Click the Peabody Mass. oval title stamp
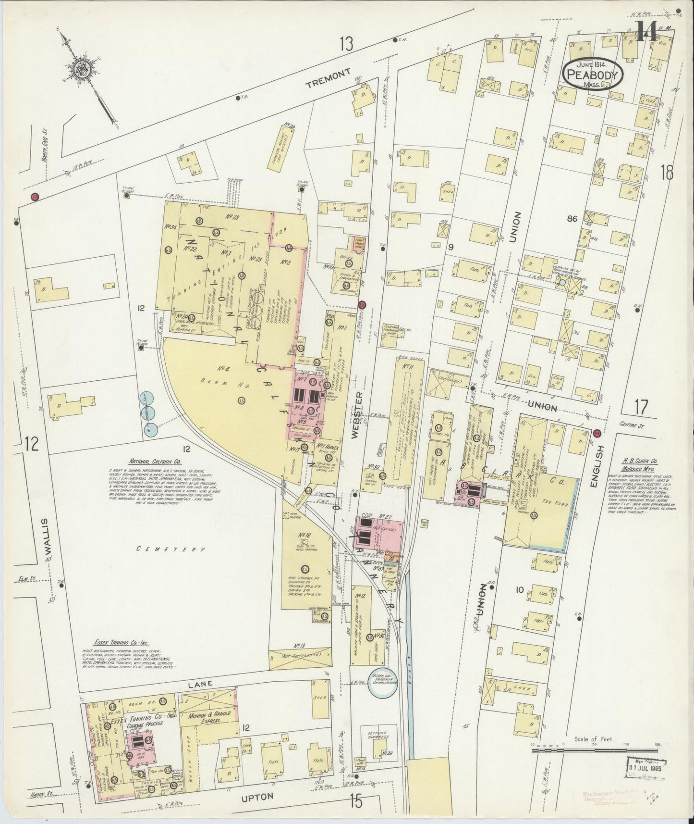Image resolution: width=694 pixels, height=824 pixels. tap(593, 75)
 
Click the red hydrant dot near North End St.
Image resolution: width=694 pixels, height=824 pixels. tap(34, 196)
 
